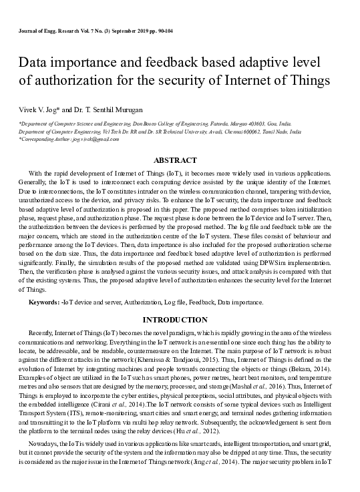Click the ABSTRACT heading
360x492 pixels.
[x=175, y=160]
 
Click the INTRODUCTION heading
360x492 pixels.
[x=175, y=320]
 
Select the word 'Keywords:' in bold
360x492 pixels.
[x=43, y=302]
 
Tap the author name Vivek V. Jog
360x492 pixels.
[x=35, y=107]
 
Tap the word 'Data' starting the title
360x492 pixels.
[x=33, y=62]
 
